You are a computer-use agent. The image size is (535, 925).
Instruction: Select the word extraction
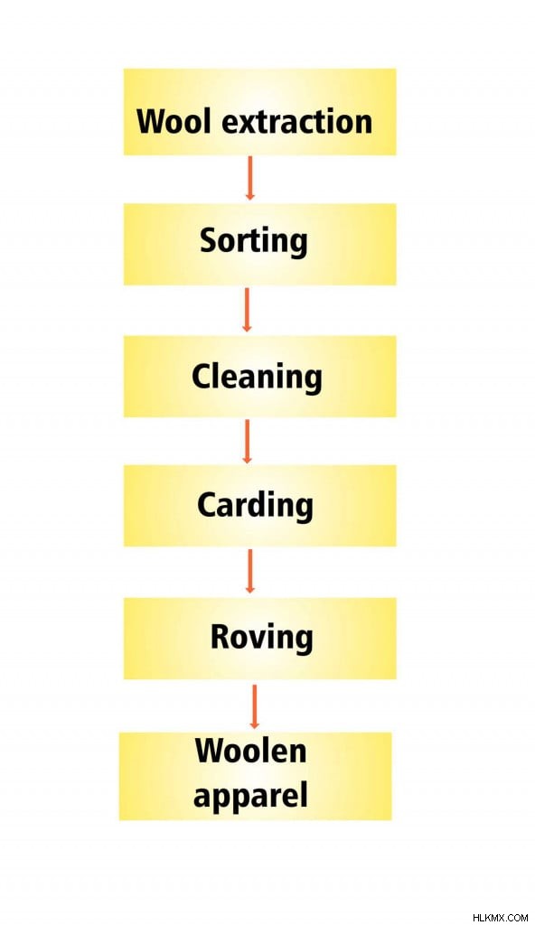coord(296,122)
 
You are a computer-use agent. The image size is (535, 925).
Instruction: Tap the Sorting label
coord(253,242)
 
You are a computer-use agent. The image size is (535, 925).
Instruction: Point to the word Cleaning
coord(257,377)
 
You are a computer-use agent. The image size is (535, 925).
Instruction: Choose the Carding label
coord(255,507)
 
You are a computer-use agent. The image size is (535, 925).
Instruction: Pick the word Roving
coord(261,639)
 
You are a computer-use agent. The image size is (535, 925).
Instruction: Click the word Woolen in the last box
coord(250,751)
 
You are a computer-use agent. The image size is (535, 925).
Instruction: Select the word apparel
coord(250,796)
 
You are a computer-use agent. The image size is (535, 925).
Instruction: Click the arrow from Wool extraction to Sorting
coord(249,178)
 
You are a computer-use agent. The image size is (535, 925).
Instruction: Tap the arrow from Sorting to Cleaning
coord(248,310)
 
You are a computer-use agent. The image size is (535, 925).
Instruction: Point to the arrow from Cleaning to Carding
coord(248,441)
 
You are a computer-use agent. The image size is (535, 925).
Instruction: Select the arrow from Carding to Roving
coord(249,571)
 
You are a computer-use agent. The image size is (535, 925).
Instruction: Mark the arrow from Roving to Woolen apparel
coord(255,706)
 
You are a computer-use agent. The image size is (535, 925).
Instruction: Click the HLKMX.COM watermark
coord(500,918)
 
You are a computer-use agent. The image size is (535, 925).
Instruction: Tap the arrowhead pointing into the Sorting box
coord(249,195)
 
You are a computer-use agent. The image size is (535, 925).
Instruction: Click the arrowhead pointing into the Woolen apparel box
coord(255,724)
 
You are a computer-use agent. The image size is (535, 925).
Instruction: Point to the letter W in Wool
coord(150,122)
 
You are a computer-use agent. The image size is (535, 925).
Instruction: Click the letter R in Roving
coord(220,637)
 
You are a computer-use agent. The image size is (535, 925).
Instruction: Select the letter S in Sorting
coord(209,240)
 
